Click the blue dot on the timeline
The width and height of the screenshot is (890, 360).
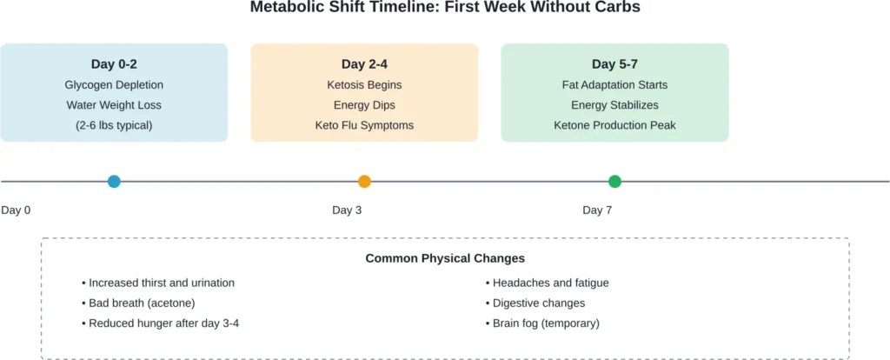[114, 182]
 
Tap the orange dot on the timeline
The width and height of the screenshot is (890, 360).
[364, 182]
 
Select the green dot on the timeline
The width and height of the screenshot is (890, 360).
[614, 182]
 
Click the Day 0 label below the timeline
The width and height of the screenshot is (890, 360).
[16, 210]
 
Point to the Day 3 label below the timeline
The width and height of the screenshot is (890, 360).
[347, 210]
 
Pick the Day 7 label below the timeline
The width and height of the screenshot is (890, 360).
[597, 210]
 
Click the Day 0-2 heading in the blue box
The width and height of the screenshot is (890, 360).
[114, 64]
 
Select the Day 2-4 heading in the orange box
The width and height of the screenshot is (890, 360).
[364, 64]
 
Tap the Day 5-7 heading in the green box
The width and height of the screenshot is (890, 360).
[614, 64]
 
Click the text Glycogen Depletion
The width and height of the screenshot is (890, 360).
[114, 85]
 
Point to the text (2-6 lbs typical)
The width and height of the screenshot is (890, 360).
[114, 125]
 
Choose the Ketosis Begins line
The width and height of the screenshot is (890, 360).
[364, 85]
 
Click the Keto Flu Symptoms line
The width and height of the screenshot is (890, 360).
[364, 125]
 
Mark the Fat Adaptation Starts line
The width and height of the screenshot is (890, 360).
[614, 85]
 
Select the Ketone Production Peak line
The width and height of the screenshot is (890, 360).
[614, 125]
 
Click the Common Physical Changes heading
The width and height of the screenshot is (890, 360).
[445, 258]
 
